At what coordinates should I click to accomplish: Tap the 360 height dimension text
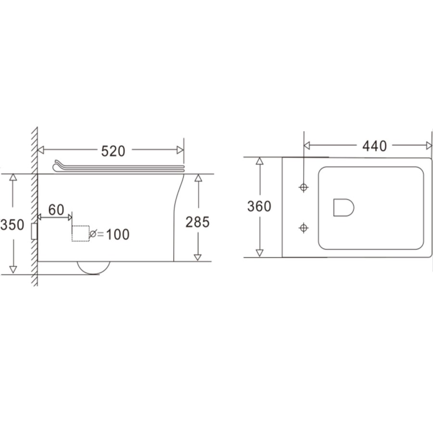click(259, 206)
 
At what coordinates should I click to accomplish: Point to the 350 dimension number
click(12, 224)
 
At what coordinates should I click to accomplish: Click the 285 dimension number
click(198, 222)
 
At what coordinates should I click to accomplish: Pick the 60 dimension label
click(56, 210)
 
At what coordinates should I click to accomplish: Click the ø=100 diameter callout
click(110, 234)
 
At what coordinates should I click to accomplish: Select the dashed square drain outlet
click(80, 233)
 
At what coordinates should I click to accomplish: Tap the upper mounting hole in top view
click(304, 187)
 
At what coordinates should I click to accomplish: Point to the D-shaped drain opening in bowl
click(343, 207)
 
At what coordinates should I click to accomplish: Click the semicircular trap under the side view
click(93, 267)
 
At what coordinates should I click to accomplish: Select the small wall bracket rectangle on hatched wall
click(34, 231)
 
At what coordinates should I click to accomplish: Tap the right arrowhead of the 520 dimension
click(180, 150)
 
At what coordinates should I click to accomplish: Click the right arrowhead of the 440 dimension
click(428, 145)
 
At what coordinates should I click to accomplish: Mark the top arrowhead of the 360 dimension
click(259, 161)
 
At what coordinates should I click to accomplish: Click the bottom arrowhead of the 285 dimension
click(198, 257)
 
